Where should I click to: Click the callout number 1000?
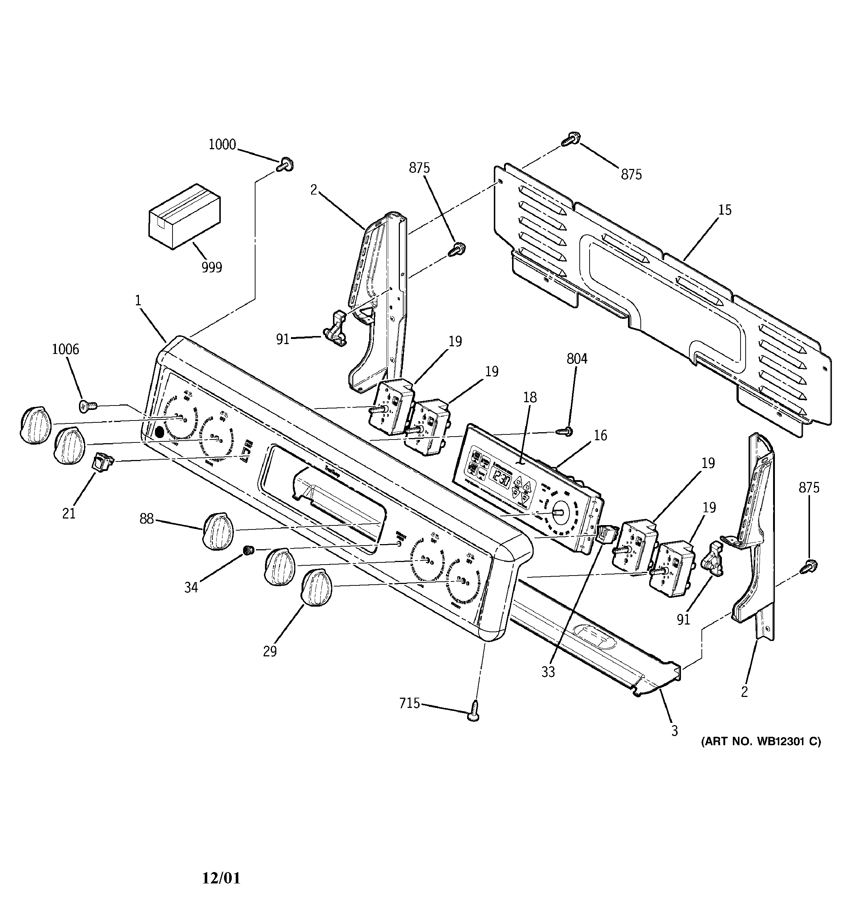[x=222, y=145]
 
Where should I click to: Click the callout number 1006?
[x=65, y=349]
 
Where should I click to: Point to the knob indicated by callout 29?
[x=316, y=589]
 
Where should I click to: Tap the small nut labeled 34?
[x=248, y=550]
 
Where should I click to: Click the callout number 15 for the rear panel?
[x=725, y=210]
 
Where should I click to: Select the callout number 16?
[x=601, y=435]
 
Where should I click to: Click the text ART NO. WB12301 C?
[x=761, y=742]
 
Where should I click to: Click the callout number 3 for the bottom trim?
[x=674, y=731]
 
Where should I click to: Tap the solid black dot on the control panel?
[x=159, y=432]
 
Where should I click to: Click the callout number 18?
[x=529, y=397]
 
